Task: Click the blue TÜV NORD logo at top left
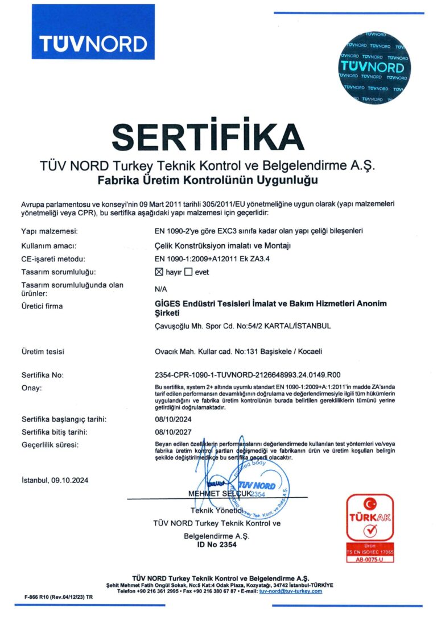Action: (x=93, y=32)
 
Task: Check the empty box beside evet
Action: (x=189, y=272)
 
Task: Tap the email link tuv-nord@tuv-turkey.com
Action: (x=290, y=591)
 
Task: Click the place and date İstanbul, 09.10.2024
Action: (x=55, y=480)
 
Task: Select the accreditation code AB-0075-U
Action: (x=370, y=559)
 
